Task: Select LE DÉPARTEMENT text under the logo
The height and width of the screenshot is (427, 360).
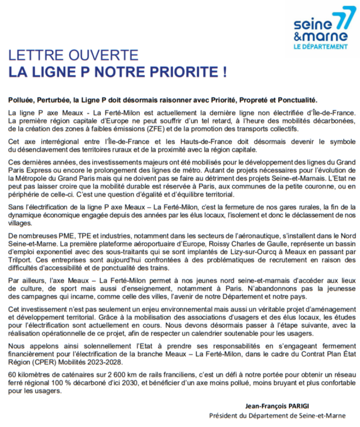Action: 320,46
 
